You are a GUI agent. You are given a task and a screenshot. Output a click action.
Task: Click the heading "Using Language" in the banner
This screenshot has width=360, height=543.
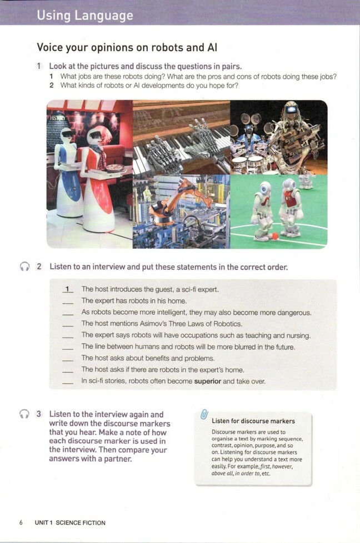click(85, 16)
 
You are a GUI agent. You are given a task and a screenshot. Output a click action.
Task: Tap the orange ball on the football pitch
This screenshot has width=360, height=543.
click(275, 236)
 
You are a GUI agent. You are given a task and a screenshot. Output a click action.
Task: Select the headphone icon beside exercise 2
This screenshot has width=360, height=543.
click(24, 267)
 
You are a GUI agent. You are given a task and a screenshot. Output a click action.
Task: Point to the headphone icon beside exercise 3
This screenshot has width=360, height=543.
click(24, 414)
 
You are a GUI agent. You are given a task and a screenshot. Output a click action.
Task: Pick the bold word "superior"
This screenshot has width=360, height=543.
click(208, 381)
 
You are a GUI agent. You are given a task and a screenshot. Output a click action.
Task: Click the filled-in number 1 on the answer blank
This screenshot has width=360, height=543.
click(68, 289)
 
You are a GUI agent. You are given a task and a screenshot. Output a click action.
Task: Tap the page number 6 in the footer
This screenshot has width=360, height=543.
click(21, 522)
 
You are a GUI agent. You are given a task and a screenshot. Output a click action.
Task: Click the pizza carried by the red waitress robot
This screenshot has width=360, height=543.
click(115, 168)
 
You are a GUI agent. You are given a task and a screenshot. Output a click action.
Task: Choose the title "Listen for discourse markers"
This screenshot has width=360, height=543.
click(253, 421)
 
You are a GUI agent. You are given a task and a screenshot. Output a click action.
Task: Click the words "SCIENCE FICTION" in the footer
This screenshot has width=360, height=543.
click(81, 523)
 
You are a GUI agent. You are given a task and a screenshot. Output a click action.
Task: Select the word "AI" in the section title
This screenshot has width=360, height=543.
click(212, 47)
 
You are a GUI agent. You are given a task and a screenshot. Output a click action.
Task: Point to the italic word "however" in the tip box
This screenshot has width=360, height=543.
click(282, 466)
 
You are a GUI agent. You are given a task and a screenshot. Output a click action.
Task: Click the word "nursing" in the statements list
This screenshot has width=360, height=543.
click(297, 335)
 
